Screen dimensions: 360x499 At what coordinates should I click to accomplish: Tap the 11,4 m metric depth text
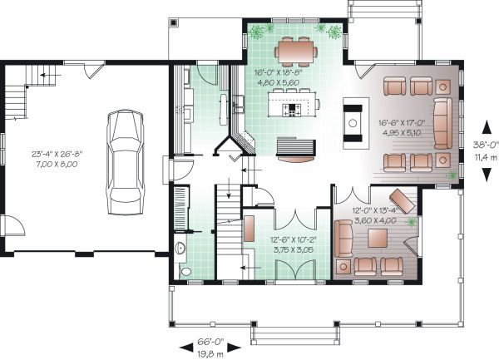tap(482, 153)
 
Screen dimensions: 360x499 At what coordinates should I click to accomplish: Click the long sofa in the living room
tap(442, 122)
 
